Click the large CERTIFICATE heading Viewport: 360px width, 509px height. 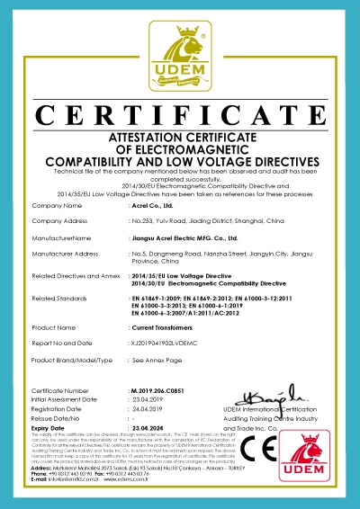click(180, 115)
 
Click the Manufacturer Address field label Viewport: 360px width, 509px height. click(66, 254)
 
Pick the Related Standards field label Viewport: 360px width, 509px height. click(60, 296)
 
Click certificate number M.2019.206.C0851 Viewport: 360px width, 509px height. click(162, 392)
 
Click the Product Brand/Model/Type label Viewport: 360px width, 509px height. click(72, 359)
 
